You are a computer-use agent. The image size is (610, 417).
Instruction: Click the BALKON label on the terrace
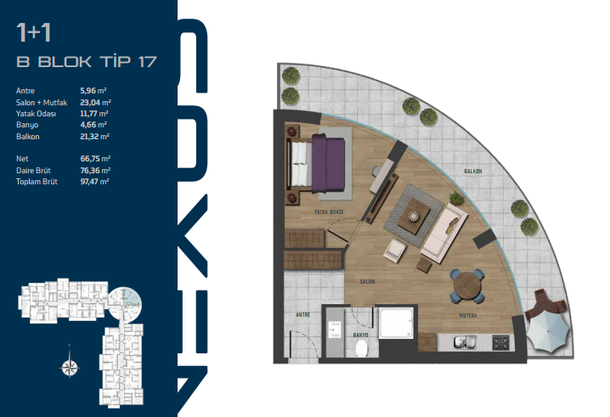[x=473, y=172]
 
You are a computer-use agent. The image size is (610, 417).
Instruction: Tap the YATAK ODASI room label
[x=329, y=212]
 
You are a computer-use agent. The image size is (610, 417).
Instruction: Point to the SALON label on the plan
[x=367, y=281]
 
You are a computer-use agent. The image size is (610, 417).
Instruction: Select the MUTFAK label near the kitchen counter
[x=468, y=315]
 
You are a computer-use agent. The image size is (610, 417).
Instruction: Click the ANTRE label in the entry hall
[x=303, y=314]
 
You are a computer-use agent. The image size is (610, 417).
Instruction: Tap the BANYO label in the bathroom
[x=360, y=335]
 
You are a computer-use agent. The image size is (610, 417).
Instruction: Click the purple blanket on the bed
[x=328, y=163]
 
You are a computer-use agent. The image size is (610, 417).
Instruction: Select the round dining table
[x=466, y=285]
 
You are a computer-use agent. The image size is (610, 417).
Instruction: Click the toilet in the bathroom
[x=362, y=347]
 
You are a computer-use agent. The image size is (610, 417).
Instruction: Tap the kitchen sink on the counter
[x=465, y=342]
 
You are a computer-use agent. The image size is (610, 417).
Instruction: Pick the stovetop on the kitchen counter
[x=500, y=342]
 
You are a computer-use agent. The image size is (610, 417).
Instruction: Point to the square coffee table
[x=414, y=216]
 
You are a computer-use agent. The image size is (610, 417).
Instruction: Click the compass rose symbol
[x=70, y=366]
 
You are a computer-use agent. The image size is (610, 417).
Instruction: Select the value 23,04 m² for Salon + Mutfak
[x=96, y=102]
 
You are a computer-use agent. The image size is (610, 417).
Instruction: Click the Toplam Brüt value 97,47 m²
[x=95, y=182]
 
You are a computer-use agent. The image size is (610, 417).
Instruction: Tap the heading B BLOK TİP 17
[x=87, y=61]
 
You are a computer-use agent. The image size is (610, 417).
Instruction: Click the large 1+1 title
[x=34, y=32]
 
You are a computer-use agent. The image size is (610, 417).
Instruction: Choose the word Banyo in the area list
[x=27, y=125]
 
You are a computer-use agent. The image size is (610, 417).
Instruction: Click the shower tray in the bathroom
[x=396, y=323]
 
